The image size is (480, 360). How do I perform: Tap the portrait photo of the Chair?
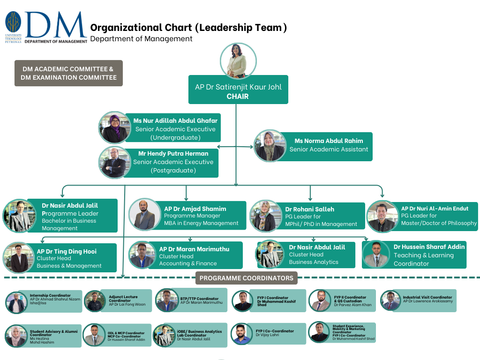tap(238, 61)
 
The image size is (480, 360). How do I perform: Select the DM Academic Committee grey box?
tap(68, 73)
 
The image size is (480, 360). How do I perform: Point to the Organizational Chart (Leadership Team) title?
tap(188, 28)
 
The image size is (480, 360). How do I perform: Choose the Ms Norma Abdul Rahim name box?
tap(329, 145)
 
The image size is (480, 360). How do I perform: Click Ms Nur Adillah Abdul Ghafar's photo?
tap(114, 127)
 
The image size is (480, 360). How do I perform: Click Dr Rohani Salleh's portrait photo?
tap(266, 216)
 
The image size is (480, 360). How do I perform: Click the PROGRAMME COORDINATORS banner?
tap(247, 278)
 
